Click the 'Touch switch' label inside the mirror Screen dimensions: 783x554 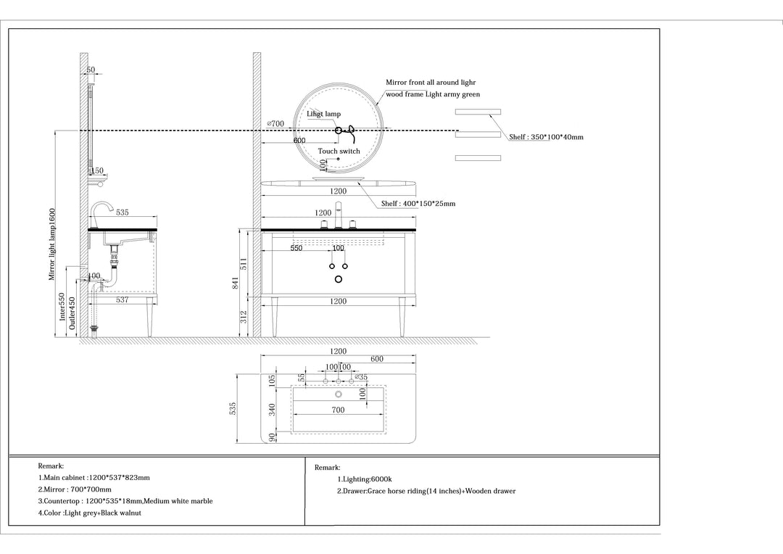(x=339, y=151)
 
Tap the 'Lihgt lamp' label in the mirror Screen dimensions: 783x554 (x=323, y=114)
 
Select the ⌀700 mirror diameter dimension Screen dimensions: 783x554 (x=275, y=123)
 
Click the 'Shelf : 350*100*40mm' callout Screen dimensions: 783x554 (x=547, y=137)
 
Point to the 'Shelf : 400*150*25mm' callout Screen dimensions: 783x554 (x=418, y=203)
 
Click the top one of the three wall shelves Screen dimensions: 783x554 (x=478, y=112)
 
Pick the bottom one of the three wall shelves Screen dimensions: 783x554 (x=478, y=158)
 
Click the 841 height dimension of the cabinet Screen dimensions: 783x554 (x=235, y=283)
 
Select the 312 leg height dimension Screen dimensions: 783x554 (x=244, y=317)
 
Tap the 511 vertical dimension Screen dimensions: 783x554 (x=244, y=264)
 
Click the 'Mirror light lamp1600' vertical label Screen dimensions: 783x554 (x=52, y=244)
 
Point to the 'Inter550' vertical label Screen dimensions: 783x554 (x=62, y=306)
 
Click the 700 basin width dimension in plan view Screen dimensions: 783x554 (x=338, y=410)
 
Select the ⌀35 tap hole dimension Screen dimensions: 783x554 (x=361, y=377)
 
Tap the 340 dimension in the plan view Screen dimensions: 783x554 (x=272, y=410)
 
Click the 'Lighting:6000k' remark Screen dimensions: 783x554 (x=365, y=479)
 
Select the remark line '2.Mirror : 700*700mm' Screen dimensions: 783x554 (x=75, y=489)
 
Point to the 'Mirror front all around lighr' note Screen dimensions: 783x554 (x=431, y=83)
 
